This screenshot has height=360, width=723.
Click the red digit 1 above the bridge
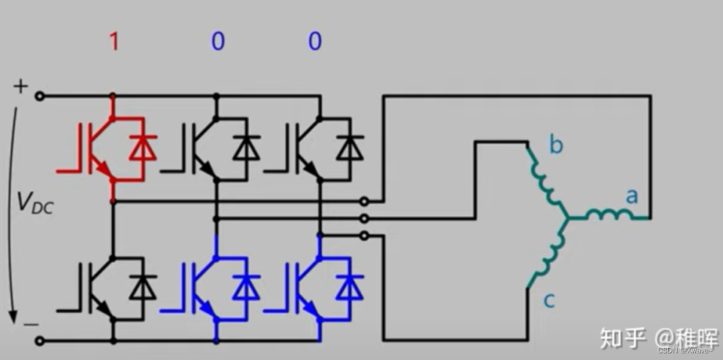point(114,41)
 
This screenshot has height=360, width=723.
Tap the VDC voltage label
point(31,202)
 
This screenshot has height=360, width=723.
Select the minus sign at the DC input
point(30,325)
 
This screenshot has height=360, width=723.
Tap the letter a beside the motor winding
point(631,196)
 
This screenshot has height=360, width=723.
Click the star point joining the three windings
point(568,218)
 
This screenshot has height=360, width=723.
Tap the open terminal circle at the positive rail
point(39,96)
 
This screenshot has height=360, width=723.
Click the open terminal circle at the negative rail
point(39,341)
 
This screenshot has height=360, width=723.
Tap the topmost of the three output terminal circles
point(364,201)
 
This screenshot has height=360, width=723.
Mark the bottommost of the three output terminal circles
point(364,236)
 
